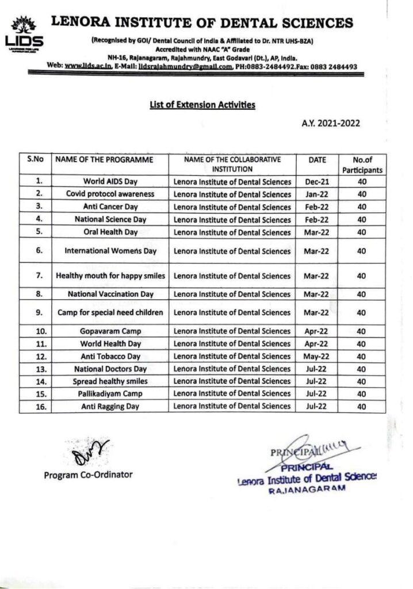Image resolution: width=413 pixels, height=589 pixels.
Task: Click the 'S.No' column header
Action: click(36, 159)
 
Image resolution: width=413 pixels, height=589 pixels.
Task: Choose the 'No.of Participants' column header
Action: click(362, 165)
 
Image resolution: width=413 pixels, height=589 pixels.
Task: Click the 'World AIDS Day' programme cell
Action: click(110, 182)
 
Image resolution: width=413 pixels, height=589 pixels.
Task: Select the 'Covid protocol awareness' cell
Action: click(110, 194)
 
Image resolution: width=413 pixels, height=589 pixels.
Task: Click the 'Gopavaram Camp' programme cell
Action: click(110, 331)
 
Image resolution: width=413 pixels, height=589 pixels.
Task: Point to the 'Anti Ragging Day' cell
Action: click(110, 406)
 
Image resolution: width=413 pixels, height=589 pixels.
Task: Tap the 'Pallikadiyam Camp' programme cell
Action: click(110, 393)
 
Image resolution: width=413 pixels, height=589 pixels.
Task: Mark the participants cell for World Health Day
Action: click(362, 344)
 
